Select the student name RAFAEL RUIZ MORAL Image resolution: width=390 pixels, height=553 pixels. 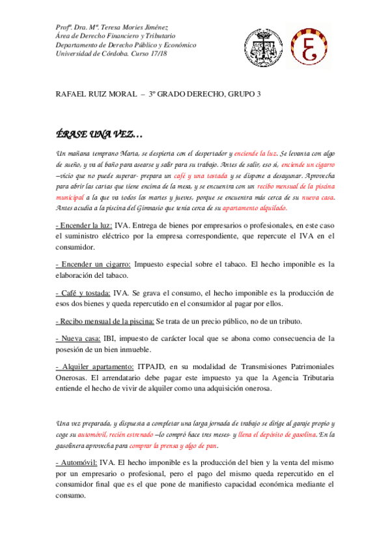click(x=96, y=94)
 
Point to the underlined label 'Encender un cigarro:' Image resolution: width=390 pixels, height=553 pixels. click(x=93, y=264)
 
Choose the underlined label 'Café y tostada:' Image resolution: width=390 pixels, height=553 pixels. click(x=83, y=293)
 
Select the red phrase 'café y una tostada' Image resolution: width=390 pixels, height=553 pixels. click(x=200, y=177)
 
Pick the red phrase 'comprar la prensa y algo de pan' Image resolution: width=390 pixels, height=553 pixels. click(x=173, y=446)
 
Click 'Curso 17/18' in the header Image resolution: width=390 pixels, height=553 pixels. click(x=150, y=55)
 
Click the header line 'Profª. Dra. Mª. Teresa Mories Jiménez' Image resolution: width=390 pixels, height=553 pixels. click(x=112, y=27)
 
